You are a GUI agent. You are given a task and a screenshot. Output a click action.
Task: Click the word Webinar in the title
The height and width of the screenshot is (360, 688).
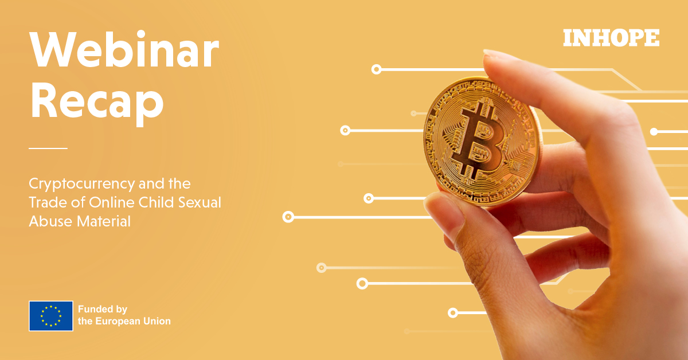(x=124, y=51)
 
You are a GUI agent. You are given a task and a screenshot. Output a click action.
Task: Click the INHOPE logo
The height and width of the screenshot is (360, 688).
(x=611, y=38)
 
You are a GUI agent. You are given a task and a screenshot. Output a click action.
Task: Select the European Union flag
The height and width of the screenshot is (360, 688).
(x=51, y=316)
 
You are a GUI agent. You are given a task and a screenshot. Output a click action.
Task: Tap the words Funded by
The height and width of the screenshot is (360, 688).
(x=103, y=309)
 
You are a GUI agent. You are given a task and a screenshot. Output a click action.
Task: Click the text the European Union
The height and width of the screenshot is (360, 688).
(x=124, y=322)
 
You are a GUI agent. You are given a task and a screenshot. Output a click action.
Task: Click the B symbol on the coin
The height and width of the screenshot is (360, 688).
(x=479, y=140)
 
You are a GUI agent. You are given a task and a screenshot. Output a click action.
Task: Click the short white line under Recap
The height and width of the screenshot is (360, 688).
(x=48, y=148)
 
